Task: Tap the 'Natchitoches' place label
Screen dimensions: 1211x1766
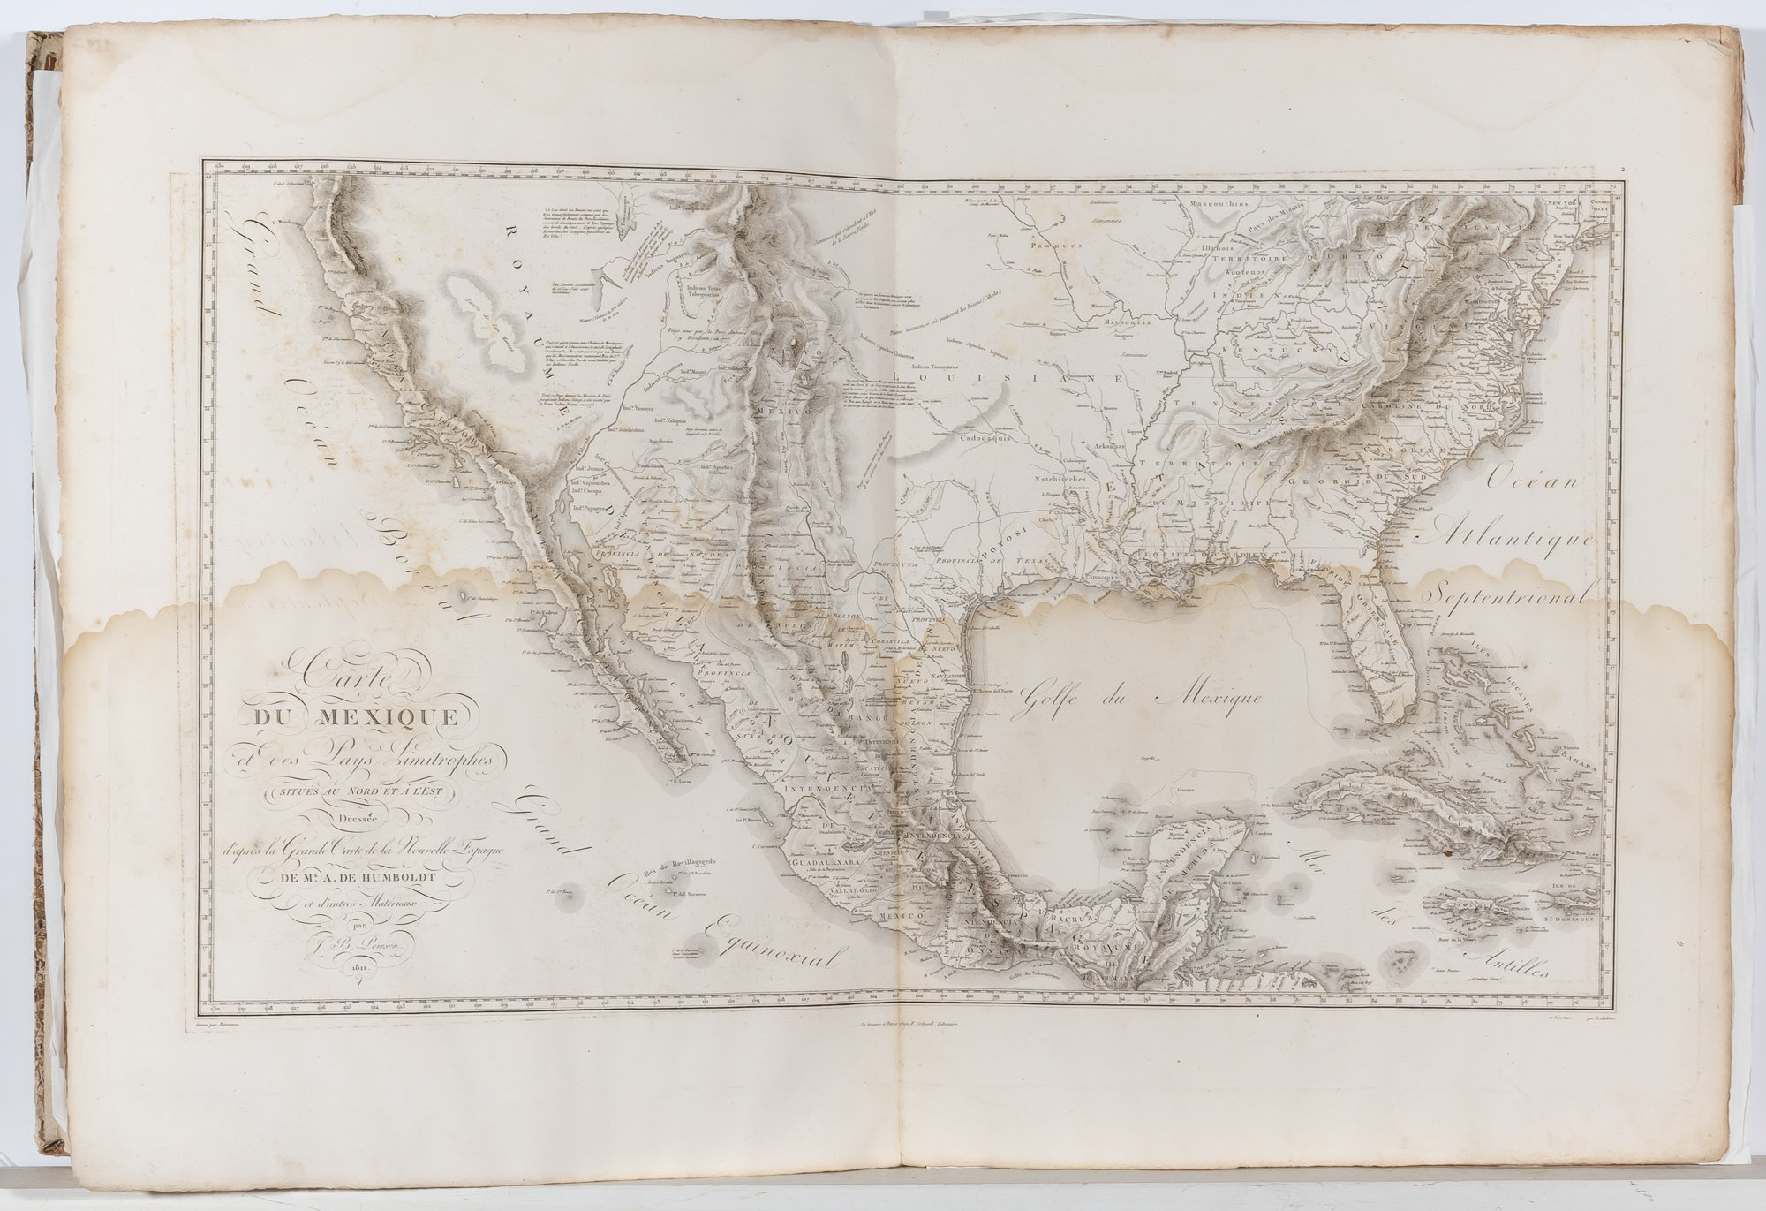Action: click(1063, 474)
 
